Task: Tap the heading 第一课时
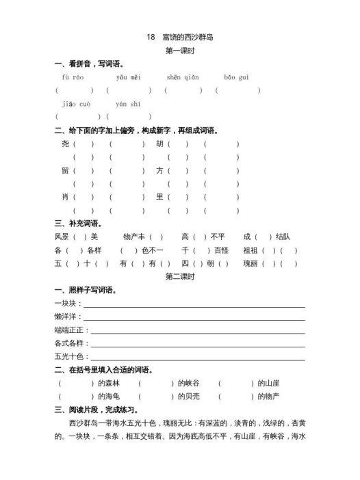pyautogui.click(x=180, y=51)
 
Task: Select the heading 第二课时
pyautogui.click(x=180, y=276)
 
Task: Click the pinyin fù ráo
pyautogui.click(x=72, y=78)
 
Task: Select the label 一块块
pyautogui.click(x=66, y=303)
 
